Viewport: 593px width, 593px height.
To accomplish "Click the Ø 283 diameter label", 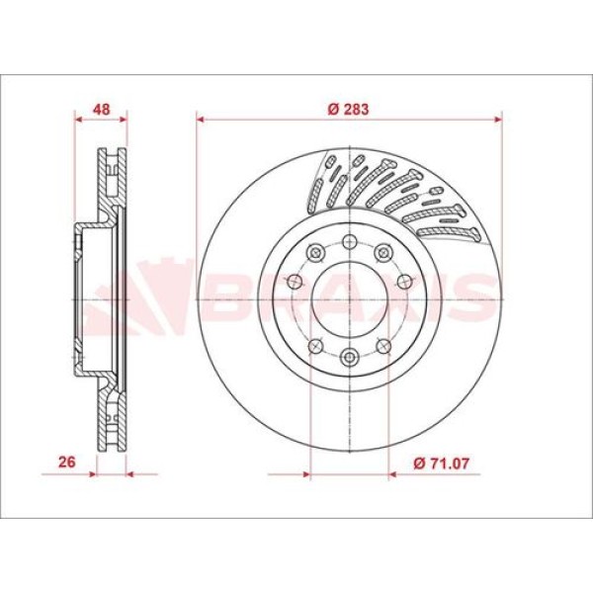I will [349, 109].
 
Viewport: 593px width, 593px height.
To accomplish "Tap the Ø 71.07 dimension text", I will [439, 461].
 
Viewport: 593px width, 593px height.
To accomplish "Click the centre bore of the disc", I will [350, 298].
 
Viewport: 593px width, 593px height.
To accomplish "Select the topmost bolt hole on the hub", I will [350, 240].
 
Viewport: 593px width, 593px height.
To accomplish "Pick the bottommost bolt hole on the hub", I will [350, 357].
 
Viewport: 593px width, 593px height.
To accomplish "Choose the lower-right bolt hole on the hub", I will [387, 345].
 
